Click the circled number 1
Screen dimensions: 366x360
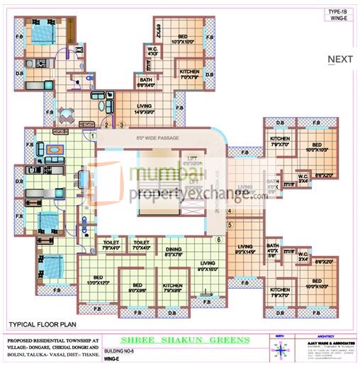coord(93,135)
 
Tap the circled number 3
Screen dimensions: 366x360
coord(122,126)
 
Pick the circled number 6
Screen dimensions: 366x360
coord(218,239)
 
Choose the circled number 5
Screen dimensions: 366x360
coord(230,225)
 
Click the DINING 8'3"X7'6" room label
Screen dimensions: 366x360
coord(174,251)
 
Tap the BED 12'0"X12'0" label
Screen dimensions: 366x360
coord(101,280)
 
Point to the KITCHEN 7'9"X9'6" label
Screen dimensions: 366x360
coord(173,288)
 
